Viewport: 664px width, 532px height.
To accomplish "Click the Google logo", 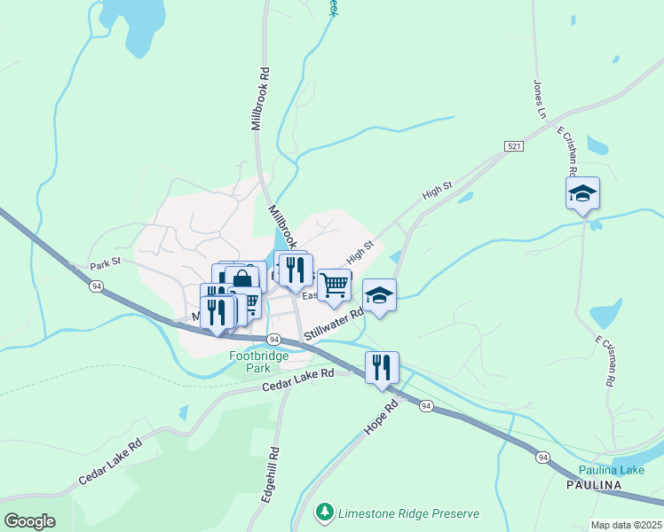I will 29,520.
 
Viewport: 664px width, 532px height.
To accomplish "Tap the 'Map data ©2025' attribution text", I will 626,525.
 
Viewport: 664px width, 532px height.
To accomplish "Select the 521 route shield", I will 514,145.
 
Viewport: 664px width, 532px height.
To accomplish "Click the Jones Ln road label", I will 538,99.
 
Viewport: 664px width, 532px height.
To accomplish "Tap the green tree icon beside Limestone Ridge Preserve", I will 326,512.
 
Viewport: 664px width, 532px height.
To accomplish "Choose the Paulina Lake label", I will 612,469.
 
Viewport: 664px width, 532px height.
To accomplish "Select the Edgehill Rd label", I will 270,475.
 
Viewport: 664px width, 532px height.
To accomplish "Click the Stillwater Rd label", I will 335,325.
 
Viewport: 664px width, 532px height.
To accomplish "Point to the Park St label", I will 105,265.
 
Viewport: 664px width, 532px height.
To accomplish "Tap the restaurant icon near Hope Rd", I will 382,366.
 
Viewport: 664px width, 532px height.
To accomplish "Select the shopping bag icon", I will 241,279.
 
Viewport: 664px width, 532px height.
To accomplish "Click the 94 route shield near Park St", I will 95,286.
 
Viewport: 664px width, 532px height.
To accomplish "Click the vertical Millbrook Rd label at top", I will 259,99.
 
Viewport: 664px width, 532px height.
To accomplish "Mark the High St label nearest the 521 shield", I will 438,190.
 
